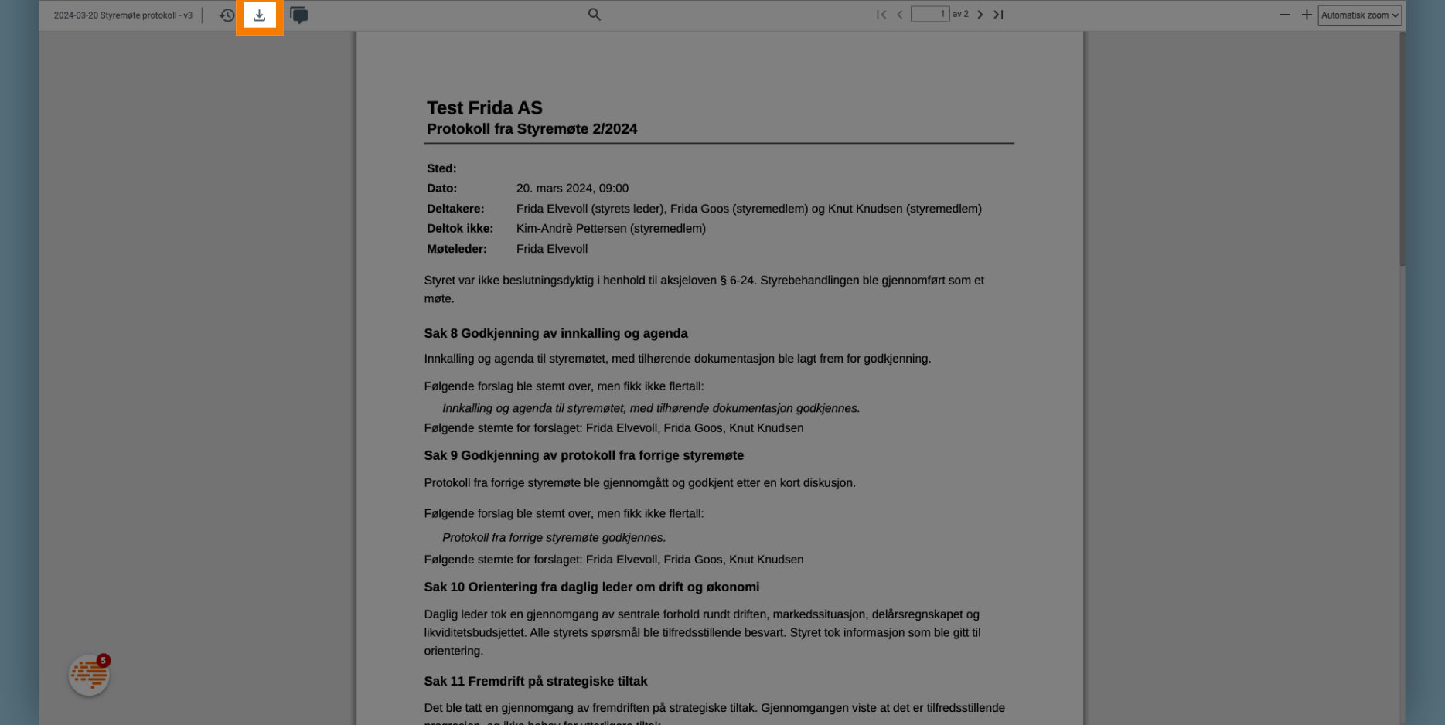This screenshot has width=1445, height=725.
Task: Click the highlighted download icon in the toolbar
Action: click(259, 15)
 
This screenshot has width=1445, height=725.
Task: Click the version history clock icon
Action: click(227, 15)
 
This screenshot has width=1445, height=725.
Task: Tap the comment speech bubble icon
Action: click(298, 15)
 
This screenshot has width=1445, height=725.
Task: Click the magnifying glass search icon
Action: click(594, 15)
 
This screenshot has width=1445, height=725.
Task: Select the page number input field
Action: click(929, 15)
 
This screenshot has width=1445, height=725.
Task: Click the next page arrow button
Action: click(980, 15)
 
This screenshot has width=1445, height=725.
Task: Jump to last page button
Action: click(998, 15)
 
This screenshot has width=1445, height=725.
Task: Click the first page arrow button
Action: click(881, 15)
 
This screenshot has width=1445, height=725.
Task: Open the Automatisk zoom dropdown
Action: click(1358, 15)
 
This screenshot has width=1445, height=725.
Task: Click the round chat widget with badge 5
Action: click(89, 675)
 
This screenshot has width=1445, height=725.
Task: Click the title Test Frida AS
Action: click(485, 108)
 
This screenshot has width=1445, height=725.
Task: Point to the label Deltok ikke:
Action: click(460, 229)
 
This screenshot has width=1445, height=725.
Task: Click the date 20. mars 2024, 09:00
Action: click(572, 189)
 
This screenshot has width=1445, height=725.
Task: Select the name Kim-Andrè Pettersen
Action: click(571, 229)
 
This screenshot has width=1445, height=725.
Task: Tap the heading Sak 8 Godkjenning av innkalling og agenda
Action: click(556, 334)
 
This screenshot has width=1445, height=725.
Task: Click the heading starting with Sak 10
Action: click(591, 587)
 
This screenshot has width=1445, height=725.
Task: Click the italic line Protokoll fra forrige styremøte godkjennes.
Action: click(554, 538)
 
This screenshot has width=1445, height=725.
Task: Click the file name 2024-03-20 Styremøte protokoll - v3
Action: click(123, 15)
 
